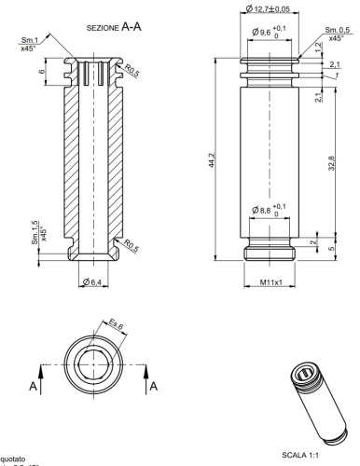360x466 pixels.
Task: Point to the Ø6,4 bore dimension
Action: [x=92, y=282]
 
